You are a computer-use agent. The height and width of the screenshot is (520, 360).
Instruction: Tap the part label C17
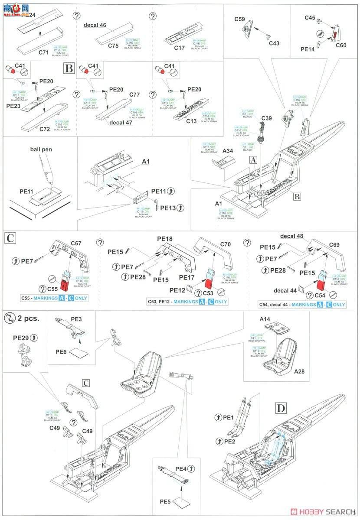[x=180, y=48]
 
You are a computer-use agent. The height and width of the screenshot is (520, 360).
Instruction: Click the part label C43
[x=274, y=43]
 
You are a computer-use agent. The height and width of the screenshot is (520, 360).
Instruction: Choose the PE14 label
[x=307, y=50]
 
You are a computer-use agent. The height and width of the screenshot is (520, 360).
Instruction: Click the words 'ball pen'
[x=41, y=149]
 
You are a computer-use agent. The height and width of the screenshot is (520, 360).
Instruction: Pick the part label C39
[x=267, y=117]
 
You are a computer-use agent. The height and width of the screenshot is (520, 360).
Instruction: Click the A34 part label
[x=229, y=151]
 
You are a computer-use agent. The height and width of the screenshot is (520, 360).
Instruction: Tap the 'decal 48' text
[x=291, y=237]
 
